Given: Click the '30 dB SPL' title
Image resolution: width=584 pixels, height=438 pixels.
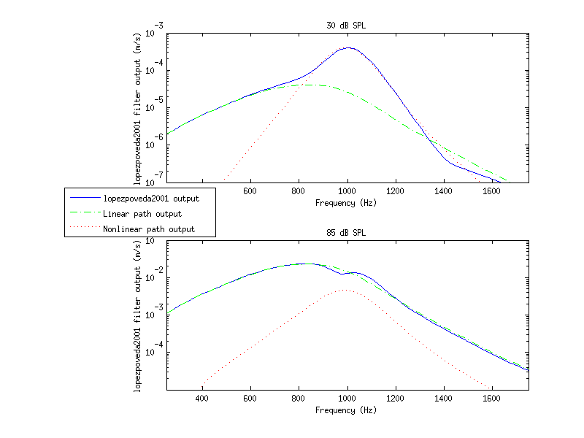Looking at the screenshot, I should (x=346, y=26).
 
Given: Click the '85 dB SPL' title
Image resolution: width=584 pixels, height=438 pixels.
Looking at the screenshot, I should (x=346, y=233).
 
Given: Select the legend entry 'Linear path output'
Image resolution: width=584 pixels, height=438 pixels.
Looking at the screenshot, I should (x=142, y=214).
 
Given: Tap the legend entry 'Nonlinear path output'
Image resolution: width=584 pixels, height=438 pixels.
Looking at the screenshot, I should (x=149, y=230).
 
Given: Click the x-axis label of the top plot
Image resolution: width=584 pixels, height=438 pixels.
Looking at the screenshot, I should (x=346, y=203).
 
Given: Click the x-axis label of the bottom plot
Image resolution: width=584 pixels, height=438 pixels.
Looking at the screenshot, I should (x=346, y=410).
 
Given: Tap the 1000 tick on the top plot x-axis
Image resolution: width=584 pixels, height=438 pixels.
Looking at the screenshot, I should (x=347, y=191).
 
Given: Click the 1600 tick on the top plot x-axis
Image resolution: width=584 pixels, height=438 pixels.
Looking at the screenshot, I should (x=492, y=191).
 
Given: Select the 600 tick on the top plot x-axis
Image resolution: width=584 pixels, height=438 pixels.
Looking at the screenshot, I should (x=251, y=191).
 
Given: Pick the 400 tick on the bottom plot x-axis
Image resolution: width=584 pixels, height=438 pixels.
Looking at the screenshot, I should (x=203, y=399).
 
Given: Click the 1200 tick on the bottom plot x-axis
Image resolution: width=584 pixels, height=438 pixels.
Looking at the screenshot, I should (x=396, y=399).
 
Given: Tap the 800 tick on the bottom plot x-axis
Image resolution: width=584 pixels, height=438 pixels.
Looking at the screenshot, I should (x=299, y=399).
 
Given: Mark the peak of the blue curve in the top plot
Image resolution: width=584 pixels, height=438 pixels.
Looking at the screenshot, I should (x=349, y=47).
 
